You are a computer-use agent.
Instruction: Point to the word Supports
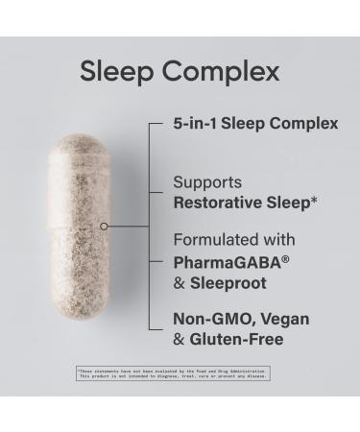pos(206,180)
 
